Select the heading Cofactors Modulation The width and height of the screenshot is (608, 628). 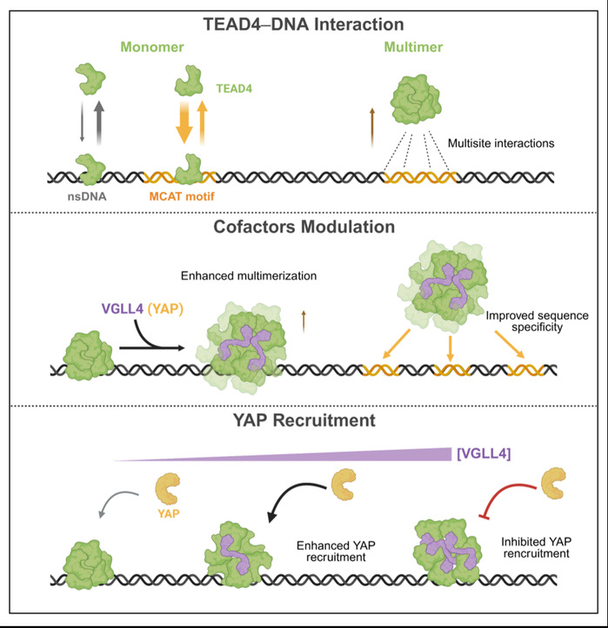(304, 228)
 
